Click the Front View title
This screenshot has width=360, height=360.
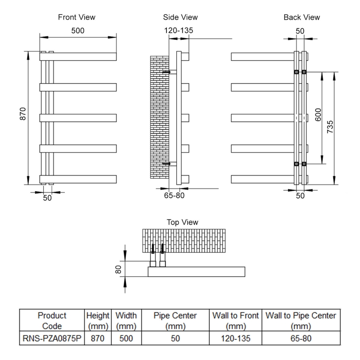76,17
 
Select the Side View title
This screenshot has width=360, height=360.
180,17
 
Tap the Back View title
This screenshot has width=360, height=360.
301,17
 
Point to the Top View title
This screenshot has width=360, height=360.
182,222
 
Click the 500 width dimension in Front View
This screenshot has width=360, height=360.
77,31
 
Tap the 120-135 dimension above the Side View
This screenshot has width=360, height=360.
179,31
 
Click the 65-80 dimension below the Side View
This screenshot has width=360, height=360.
174,195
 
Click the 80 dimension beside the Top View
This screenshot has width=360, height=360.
118,269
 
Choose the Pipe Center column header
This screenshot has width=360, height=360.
175,321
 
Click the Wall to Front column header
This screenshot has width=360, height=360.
235,321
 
